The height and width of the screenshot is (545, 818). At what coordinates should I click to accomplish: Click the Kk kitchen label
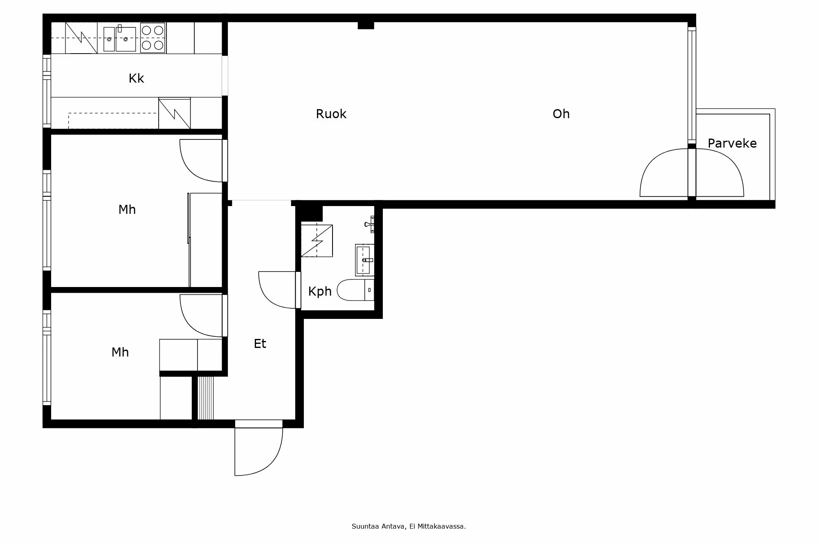(136, 78)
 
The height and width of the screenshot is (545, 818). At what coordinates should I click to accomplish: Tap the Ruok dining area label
(331, 114)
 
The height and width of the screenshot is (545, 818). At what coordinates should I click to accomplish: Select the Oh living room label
(561, 114)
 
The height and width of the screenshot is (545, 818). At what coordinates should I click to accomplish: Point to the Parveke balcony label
(732, 143)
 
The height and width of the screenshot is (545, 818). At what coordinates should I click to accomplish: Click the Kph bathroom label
(319, 292)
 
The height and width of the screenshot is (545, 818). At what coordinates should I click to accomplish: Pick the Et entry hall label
(260, 343)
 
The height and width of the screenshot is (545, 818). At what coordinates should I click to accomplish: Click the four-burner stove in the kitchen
(153, 38)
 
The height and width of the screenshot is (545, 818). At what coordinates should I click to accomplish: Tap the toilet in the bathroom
(355, 290)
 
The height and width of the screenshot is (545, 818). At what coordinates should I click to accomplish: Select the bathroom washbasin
(364, 260)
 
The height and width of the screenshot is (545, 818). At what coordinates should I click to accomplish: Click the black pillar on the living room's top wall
(366, 25)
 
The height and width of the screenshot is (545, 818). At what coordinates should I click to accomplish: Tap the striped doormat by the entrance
(205, 398)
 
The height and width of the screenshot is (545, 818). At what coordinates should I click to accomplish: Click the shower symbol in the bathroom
(317, 241)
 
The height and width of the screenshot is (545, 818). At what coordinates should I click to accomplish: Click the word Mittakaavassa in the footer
(441, 527)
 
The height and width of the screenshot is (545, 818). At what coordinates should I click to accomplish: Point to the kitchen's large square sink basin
(126, 39)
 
